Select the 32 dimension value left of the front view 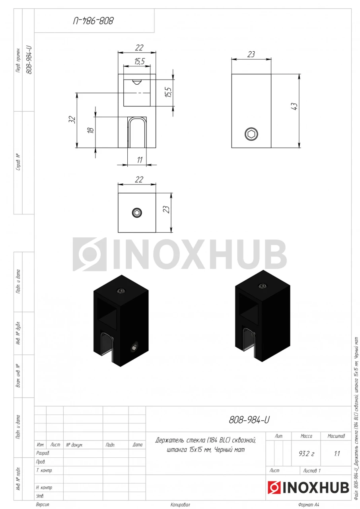pyautogui.click(x=72, y=119)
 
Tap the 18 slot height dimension pyautogui.click(x=90, y=130)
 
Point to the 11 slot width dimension pyautogui.click(x=140, y=160)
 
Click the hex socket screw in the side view pyautogui.click(x=251, y=134)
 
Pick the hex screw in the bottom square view pyautogui.click(x=137, y=213)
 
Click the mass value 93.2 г pyautogui.click(x=306, y=454)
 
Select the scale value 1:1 pyautogui.click(x=337, y=454)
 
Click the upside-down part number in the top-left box pyautogui.click(x=93, y=21)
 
